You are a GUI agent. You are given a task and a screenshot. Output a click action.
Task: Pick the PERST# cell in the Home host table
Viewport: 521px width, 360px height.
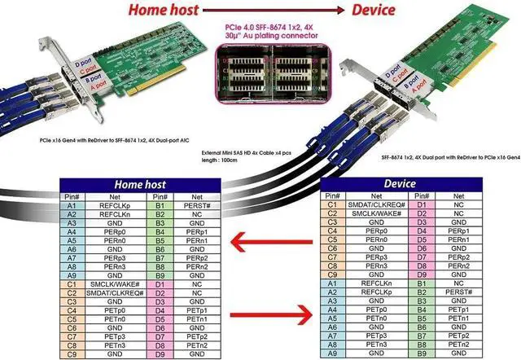(x=198, y=206)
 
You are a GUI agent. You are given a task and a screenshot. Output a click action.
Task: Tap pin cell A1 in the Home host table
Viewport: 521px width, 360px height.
(x=72, y=206)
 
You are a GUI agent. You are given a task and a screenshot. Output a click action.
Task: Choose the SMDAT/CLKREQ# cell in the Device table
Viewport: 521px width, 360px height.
(x=377, y=204)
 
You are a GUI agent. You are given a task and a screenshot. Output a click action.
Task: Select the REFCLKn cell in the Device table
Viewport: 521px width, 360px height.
(x=377, y=283)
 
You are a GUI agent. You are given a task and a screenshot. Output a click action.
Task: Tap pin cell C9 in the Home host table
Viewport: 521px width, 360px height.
(x=72, y=353)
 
